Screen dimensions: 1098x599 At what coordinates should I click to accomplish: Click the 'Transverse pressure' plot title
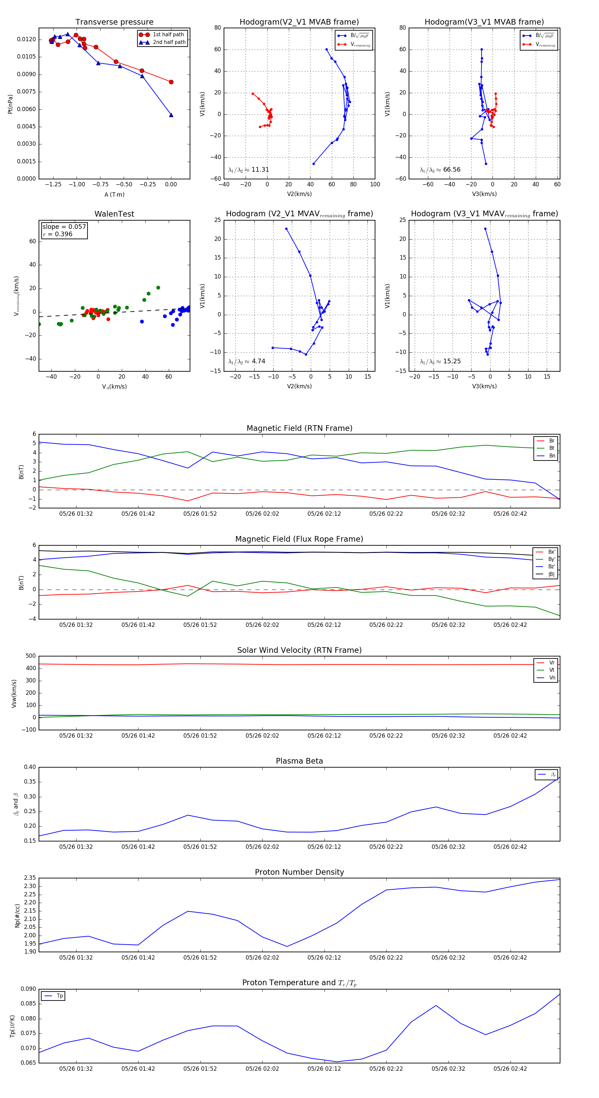pos(114,22)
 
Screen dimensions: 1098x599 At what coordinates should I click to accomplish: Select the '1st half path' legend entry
pos(168,35)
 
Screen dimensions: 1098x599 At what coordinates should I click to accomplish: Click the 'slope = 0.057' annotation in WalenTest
pos(64,227)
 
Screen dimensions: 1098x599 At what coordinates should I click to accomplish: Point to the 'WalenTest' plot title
pos(114,214)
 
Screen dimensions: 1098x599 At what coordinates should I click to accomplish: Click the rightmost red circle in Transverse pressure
pos(171,82)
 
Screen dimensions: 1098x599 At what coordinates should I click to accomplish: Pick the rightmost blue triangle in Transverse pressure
pos(171,115)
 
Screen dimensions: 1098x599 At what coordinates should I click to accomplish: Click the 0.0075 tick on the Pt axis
pos(26,91)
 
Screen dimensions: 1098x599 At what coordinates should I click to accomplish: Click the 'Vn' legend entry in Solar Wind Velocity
pos(552,678)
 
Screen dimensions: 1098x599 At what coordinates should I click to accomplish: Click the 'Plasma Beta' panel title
pos(299,761)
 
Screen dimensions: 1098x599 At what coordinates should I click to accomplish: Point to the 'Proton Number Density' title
pos(299,872)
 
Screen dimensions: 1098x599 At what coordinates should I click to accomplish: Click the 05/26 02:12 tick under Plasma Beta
pos(324,846)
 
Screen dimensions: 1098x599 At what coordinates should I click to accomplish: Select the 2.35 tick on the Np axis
pos(30,878)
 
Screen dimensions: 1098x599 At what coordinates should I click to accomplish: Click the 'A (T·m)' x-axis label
pos(114,194)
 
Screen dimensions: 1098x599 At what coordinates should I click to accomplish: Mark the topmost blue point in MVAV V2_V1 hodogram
pos(286,229)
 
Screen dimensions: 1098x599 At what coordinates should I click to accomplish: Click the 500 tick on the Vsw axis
pos(31,656)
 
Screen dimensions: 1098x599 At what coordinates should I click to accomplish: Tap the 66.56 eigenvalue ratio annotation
pos(452,170)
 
